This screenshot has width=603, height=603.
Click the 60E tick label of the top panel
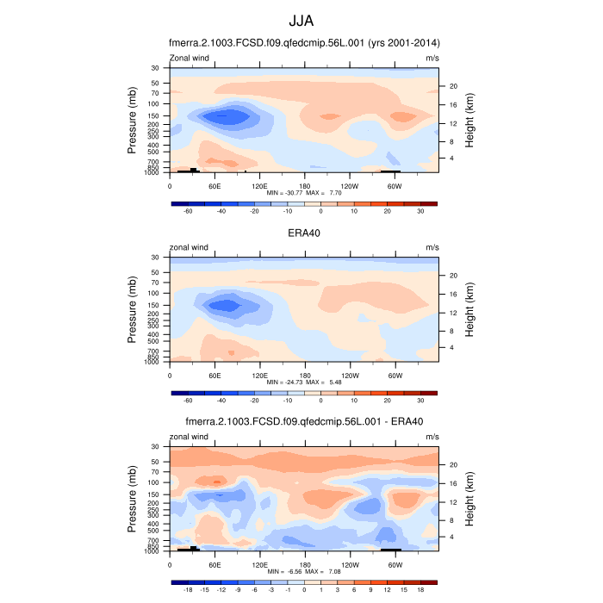coord(214,185)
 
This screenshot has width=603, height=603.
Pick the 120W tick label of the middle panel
coord(350,375)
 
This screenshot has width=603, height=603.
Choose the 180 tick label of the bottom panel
coord(304,564)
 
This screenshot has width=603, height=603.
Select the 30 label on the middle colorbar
coord(420,400)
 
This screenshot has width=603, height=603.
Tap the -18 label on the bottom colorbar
coord(187,590)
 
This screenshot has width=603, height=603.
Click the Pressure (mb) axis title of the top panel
coord(133,120)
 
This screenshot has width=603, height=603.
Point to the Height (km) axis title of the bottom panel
coord(470,499)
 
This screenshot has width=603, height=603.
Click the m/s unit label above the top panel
coord(432,58)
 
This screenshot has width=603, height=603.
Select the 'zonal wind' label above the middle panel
coord(189,247)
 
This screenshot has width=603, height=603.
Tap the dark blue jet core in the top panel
coord(226,115)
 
